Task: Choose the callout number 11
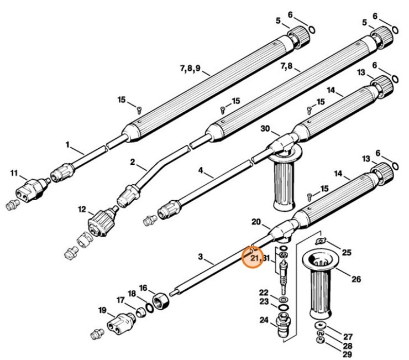[x=14, y=174]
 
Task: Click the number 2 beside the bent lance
[x=132, y=162]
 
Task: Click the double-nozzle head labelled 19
[x=120, y=321]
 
